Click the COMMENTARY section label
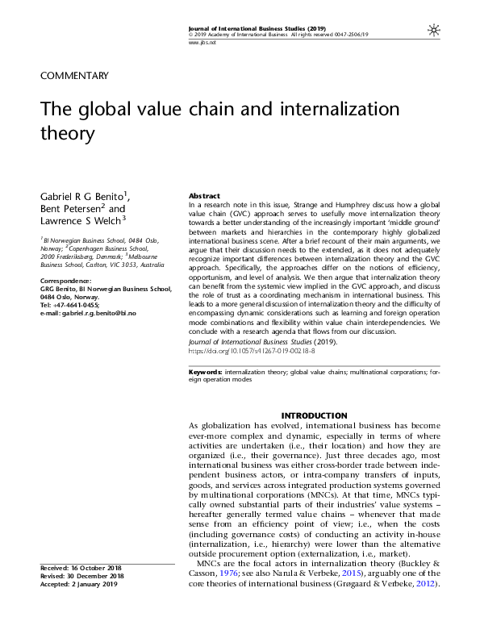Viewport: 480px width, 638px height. click(x=73, y=76)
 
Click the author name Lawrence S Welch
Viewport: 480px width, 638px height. click(x=81, y=221)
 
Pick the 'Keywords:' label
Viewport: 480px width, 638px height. click(x=205, y=373)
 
